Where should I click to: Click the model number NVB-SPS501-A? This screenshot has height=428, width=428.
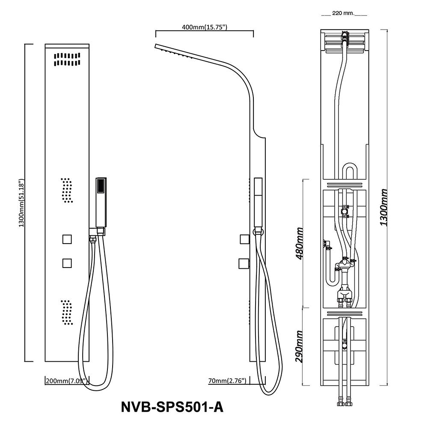pyautogui.click(x=172, y=406)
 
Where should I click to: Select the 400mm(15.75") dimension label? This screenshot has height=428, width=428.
pyautogui.click(x=204, y=27)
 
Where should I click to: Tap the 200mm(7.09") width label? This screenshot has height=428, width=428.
pyautogui.click(x=66, y=380)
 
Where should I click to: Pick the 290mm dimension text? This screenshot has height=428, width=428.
pyautogui.click(x=300, y=346)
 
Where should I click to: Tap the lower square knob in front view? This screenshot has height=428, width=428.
pyautogui.click(x=67, y=263)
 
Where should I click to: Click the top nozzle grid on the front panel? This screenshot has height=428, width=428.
pyautogui.click(x=68, y=59)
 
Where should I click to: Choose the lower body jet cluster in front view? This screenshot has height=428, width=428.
pyautogui.click(x=67, y=311)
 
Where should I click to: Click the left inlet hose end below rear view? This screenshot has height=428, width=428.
pyautogui.click(x=340, y=403)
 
